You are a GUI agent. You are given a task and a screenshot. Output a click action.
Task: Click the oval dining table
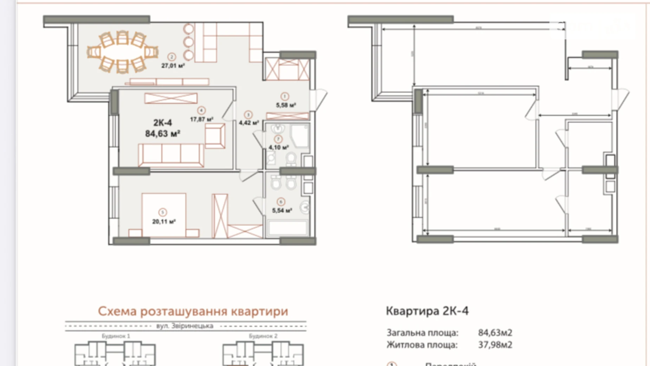[x=122, y=52]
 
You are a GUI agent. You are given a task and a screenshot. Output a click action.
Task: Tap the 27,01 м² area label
[x=173, y=65]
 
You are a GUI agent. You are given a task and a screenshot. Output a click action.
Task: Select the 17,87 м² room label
[x=201, y=119]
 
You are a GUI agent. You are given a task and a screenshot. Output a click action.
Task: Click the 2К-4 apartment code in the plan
[x=162, y=123]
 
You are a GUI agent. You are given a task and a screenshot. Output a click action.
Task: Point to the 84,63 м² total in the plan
[x=162, y=134]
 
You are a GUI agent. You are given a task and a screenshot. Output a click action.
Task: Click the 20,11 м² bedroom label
[x=164, y=222]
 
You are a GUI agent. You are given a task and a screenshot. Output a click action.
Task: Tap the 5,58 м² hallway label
[x=286, y=105]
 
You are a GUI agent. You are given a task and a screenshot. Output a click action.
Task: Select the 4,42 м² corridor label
[x=249, y=123]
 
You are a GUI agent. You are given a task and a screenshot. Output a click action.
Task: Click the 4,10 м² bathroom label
[x=279, y=147]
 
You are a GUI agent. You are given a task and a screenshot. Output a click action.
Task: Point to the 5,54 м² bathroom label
[x=282, y=210]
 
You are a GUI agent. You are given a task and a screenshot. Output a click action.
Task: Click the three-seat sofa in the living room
[x=171, y=155]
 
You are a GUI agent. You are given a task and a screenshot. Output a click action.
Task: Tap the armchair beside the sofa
[x=215, y=136]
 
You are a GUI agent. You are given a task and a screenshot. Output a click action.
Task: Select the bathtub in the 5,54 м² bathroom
[x=287, y=228]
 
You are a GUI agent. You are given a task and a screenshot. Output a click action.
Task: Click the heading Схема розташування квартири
[x=193, y=311]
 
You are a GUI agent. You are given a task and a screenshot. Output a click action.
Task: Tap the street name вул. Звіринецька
[x=185, y=326]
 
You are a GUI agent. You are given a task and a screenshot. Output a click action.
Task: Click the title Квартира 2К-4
[x=427, y=311]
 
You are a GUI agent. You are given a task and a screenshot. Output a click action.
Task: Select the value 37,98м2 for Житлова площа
[x=495, y=345]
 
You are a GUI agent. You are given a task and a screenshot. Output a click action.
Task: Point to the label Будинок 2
[x=263, y=336]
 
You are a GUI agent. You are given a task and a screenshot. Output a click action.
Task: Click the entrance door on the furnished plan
[x=319, y=100]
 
